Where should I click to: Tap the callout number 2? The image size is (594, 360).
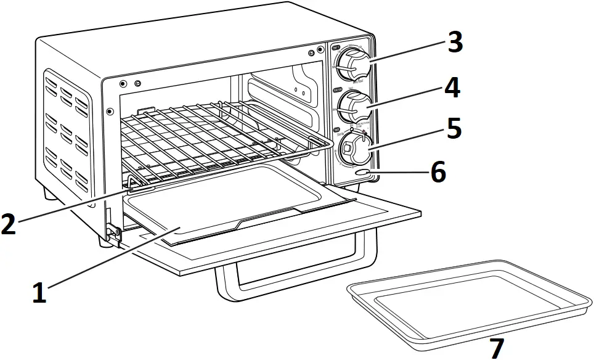(9, 224)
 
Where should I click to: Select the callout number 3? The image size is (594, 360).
(455, 43)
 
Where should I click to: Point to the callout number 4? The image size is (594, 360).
(452, 88)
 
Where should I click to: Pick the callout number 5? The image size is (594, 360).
(454, 128)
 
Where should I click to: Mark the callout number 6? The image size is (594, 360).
(438, 173)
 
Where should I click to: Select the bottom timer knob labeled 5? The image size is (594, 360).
(352, 149)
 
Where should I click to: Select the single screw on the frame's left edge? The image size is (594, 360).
(110, 112)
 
